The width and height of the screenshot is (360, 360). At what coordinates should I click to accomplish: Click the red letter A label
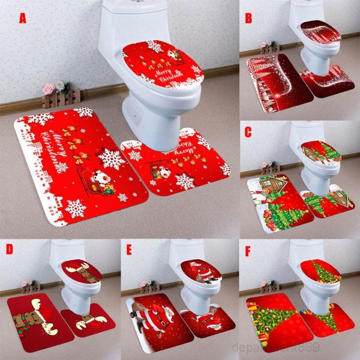click(23, 18)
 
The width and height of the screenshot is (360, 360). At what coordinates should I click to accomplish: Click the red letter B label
click(248, 17)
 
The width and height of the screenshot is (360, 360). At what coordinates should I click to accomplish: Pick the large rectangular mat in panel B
click(277, 83)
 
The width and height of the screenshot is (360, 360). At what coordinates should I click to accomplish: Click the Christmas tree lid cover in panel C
click(321, 152)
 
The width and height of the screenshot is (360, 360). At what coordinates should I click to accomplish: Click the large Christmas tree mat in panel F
click(273, 318)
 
